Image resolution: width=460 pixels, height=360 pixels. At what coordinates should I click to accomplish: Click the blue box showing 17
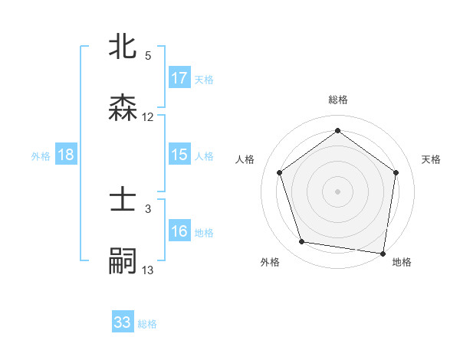179,78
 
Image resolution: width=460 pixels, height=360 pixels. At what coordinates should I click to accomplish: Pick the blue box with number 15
179,155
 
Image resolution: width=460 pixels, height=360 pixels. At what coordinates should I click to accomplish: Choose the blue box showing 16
179,231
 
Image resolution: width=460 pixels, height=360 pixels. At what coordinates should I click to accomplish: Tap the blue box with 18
66,155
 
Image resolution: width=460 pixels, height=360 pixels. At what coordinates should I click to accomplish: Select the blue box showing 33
123,322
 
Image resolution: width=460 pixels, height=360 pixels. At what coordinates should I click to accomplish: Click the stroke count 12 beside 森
148,117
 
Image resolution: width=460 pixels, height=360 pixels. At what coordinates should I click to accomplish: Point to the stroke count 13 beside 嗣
148,270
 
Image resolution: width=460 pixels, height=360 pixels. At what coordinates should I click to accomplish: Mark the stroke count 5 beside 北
148,55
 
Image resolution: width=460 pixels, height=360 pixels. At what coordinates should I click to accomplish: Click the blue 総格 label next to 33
148,324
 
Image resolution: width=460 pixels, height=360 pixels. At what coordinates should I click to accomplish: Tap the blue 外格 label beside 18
41,156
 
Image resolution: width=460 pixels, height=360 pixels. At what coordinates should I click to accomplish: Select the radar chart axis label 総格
338,100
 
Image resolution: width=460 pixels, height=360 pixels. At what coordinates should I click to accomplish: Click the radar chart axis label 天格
431,159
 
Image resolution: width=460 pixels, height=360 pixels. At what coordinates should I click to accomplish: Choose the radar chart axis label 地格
402,263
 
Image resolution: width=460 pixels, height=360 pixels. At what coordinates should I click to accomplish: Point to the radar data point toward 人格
279,173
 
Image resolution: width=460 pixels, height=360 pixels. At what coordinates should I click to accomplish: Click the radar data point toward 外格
302,242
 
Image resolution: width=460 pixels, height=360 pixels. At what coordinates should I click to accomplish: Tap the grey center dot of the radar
337,191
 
